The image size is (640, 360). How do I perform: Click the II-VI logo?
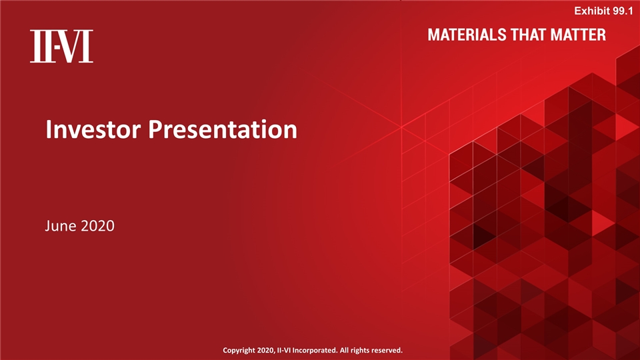[61, 47]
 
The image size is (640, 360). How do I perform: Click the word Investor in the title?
[93, 129]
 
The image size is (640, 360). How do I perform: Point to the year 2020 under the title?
[98, 227]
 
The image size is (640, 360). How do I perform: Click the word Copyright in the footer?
[242, 350]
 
